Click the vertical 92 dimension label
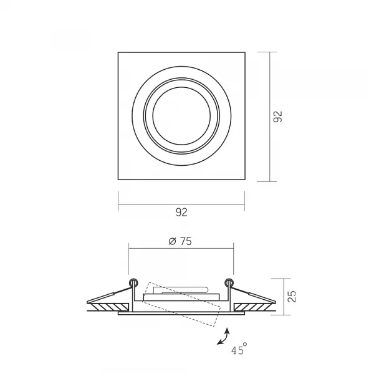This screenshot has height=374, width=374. pyautogui.click(x=277, y=117)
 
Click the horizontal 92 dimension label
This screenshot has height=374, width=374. pyautogui.click(x=181, y=213)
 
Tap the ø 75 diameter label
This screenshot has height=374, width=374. pyautogui.click(x=180, y=241)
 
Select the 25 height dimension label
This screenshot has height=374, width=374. pyautogui.click(x=292, y=297)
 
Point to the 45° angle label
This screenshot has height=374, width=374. pyautogui.click(x=239, y=349)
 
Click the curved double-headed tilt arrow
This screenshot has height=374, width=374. pyautogui.click(x=224, y=337)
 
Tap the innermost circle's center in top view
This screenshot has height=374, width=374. pyautogui.click(x=181, y=116)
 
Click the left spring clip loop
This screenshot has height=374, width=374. pyautogui.click(x=133, y=283)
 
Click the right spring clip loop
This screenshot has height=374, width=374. pyautogui.click(x=229, y=283)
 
